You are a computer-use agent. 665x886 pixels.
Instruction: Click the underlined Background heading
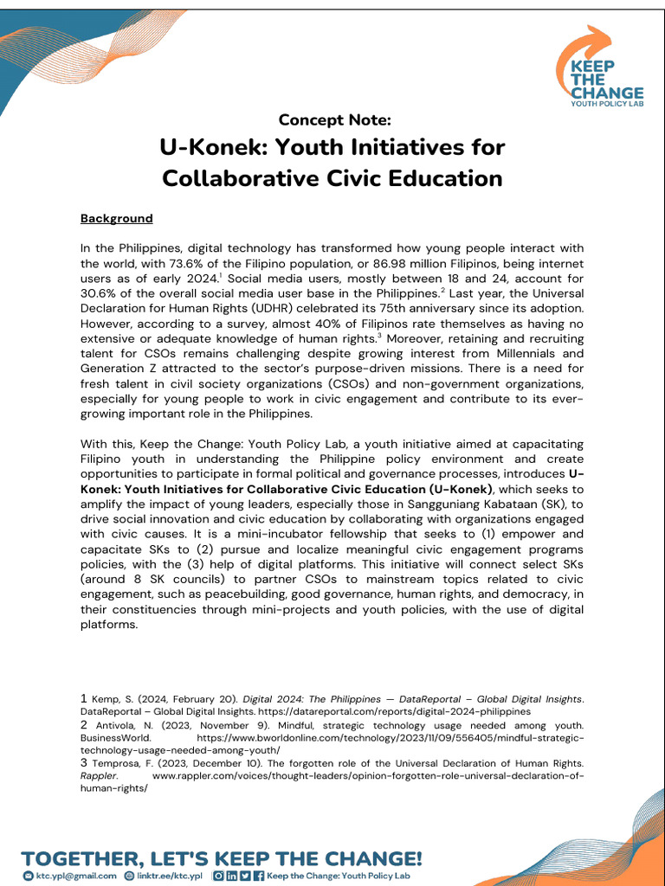(116, 219)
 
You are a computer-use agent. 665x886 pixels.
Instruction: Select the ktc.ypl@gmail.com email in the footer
(76, 876)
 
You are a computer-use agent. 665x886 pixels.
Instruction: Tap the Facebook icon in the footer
(259, 876)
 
